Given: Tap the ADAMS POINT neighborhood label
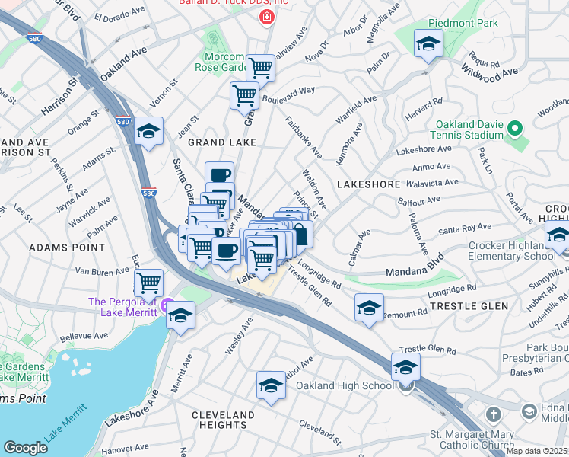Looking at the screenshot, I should pyautogui.click(x=66, y=248).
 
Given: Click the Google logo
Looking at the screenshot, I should pyautogui.click(x=25, y=448).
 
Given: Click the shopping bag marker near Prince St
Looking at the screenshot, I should pyautogui.click(x=300, y=235).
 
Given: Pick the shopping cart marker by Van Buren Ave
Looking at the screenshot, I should pyautogui.click(x=148, y=283).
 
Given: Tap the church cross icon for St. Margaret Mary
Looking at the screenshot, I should pyautogui.click(x=493, y=415).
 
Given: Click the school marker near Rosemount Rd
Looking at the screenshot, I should pyautogui.click(x=369, y=308).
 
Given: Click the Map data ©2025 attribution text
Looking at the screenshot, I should pyautogui.click(x=537, y=451).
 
